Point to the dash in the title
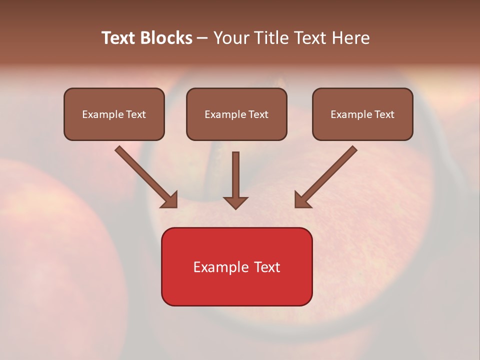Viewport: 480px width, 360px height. pyautogui.click(x=202, y=38)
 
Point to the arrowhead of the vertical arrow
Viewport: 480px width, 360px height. pyautogui.click(x=235, y=202)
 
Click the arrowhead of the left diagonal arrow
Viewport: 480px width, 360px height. pyautogui.click(x=170, y=200)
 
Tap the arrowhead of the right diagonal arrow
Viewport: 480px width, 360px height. pyautogui.click(x=302, y=200)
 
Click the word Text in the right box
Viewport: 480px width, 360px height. pyautogui.click(x=384, y=114)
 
